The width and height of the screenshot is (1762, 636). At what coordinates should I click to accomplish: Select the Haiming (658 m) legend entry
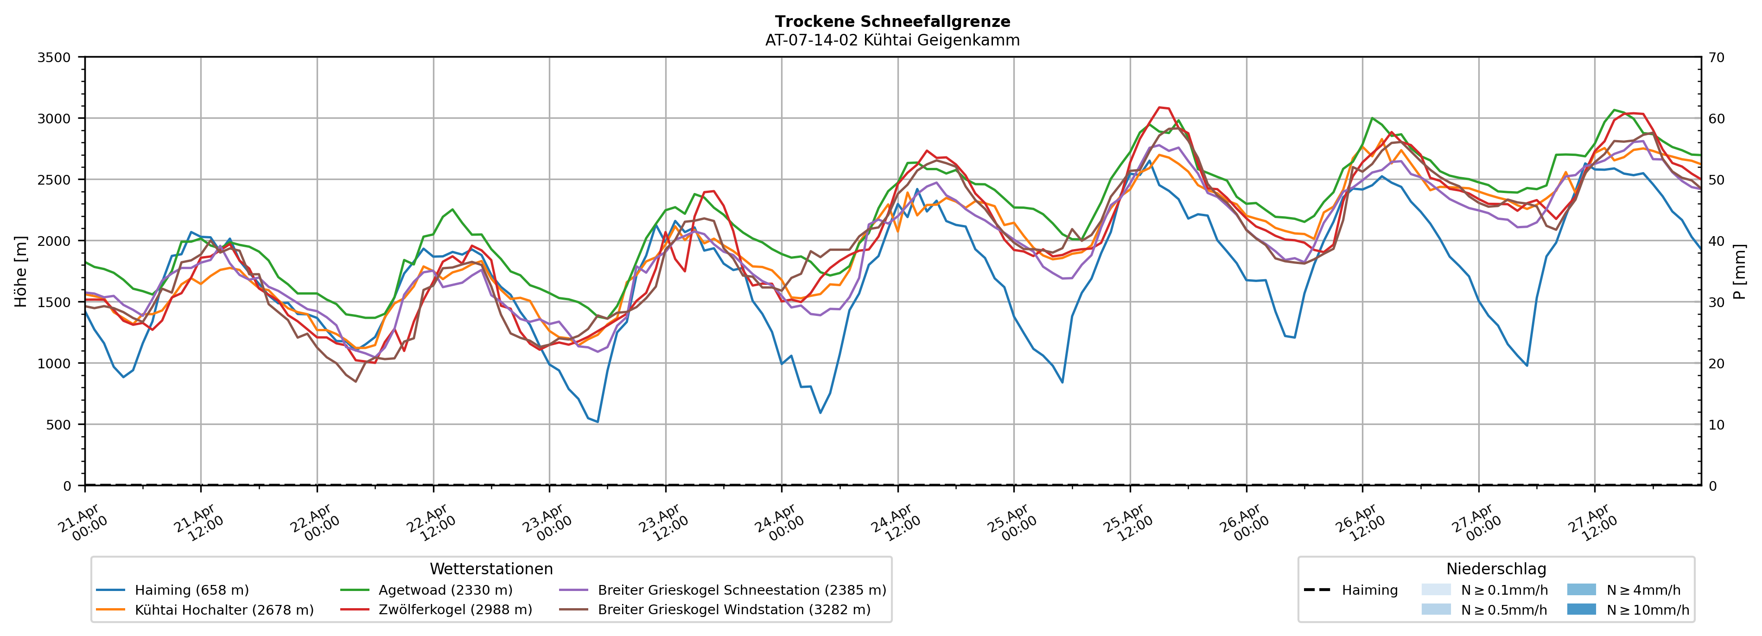point(191,590)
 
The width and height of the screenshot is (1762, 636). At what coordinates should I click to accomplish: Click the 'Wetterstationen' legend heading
point(491,569)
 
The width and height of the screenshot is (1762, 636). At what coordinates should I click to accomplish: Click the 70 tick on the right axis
point(1716,58)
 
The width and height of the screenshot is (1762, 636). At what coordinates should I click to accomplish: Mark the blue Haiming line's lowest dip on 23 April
point(597,422)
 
